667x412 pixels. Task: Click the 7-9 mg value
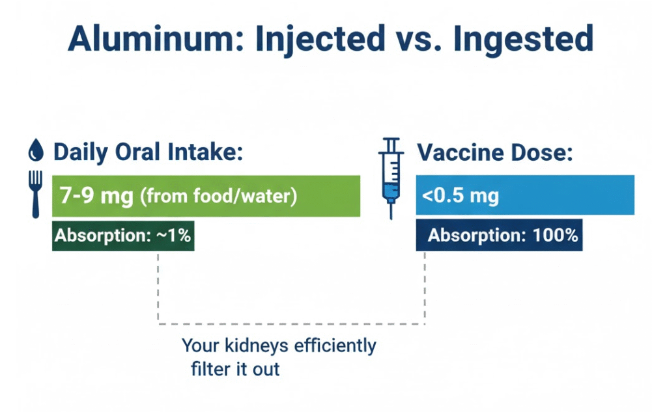click(x=95, y=195)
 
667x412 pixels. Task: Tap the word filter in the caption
click(x=211, y=369)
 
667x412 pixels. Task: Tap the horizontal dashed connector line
click(x=291, y=323)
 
